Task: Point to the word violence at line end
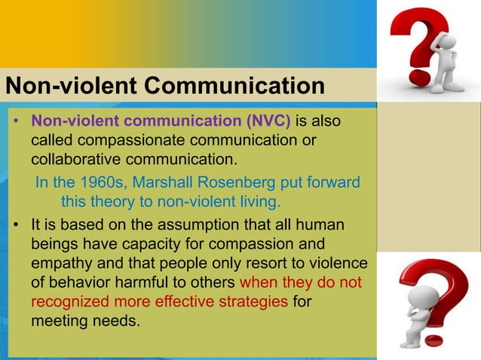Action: [x=336, y=263]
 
